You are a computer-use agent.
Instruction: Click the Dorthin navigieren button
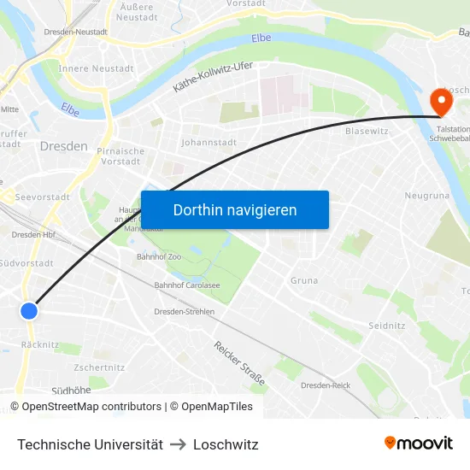click(x=235, y=209)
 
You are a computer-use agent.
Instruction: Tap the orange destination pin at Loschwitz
click(x=442, y=103)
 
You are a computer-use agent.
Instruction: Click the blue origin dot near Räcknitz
click(x=29, y=311)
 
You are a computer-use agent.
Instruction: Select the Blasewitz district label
click(x=367, y=132)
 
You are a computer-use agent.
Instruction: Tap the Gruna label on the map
click(x=304, y=280)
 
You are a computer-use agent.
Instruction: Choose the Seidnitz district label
click(x=387, y=326)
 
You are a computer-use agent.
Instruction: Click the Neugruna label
click(x=426, y=196)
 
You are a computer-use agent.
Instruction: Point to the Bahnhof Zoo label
click(x=158, y=256)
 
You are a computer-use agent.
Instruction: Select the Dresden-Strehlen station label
click(x=184, y=312)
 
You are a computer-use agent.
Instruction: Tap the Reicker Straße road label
click(x=240, y=363)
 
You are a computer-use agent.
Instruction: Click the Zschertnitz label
click(x=99, y=367)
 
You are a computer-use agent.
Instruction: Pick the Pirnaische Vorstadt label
click(x=120, y=156)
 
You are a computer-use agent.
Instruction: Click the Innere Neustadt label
click(x=97, y=68)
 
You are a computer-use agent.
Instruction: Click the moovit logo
click(x=419, y=443)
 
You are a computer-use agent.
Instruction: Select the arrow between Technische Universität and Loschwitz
click(x=178, y=444)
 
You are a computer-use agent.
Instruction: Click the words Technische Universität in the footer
click(x=90, y=444)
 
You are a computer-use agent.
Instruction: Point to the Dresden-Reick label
click(x=326, y=385)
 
